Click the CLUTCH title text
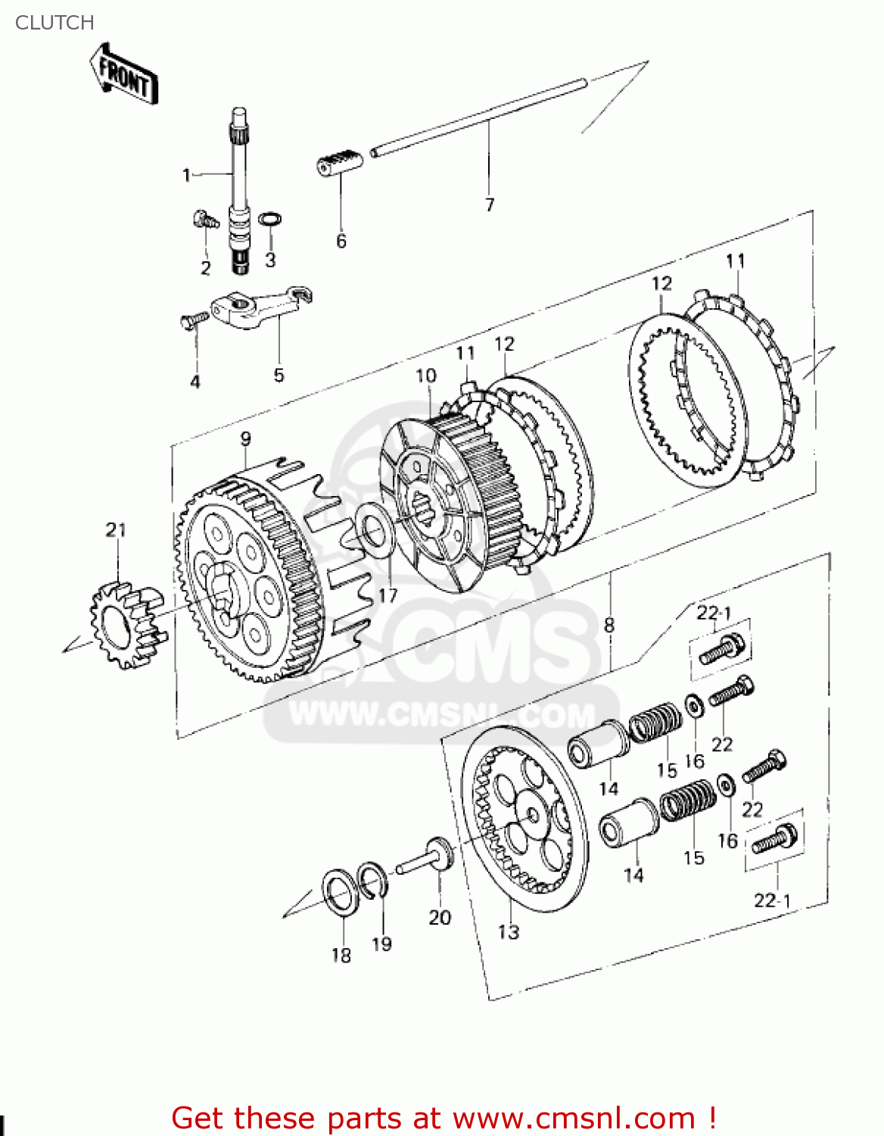[54, 23]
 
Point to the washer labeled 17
[374, 530]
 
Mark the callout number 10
[426, 376]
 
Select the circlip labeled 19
[374, 881]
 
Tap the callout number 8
[609, 625]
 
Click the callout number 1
[186, 175]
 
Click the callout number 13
[509, 932]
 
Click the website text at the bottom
[444, 1118]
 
